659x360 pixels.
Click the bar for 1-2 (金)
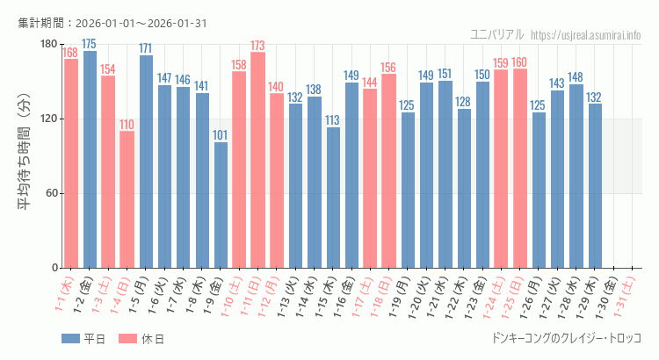coord(90,159)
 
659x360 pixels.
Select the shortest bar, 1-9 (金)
coord(221,205)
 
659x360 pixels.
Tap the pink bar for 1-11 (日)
coord(258,160)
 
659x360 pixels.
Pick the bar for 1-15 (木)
coord(333,198)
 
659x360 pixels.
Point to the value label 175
coord(90,44)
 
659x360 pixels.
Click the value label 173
coord(258,46)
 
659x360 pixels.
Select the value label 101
coord(221,135)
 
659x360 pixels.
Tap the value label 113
coord(333,120)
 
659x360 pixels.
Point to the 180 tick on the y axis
coord(48,45)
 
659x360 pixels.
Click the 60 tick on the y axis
coord(51,193)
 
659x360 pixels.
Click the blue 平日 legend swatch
coord(71,339)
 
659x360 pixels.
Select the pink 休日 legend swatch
coord(128,339)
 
